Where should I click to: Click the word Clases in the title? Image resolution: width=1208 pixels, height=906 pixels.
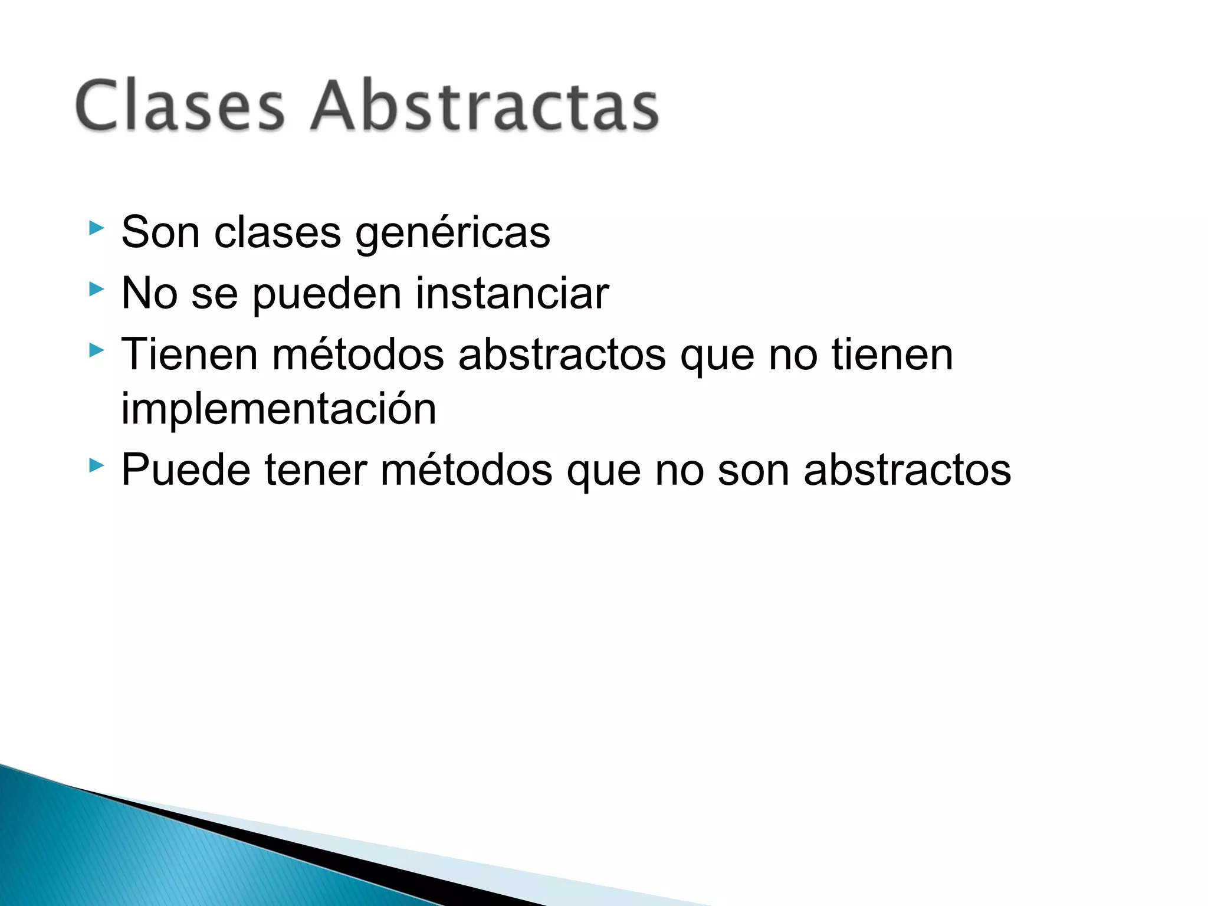[180, 106]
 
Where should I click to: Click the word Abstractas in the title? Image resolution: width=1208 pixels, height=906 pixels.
[485, 106]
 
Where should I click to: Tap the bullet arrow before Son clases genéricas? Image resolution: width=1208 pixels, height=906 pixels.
[96, 228]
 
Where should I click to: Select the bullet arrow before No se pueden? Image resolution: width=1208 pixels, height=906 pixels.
[96, 289]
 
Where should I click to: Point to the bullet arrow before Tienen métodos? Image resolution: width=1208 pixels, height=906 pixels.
[96, 351]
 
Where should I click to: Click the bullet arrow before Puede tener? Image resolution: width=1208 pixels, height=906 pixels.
[96, 466]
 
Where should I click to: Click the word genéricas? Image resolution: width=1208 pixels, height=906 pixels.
[452, 234]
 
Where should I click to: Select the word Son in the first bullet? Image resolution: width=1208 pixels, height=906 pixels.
[160, 232]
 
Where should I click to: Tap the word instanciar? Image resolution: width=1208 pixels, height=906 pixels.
[512, 293]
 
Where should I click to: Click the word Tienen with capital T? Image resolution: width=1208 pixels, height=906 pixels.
[189, 354]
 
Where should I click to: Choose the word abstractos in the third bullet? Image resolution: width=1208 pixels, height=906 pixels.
[562, 354]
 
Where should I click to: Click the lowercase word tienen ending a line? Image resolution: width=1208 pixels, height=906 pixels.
[892, 354]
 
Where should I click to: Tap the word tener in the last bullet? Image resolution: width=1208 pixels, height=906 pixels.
[315, 470]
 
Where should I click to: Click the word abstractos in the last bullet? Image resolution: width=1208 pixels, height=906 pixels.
[907, 470]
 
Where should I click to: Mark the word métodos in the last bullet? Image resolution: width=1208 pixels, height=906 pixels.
[466, 470]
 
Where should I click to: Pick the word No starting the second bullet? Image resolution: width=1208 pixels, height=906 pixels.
[149, 293]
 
